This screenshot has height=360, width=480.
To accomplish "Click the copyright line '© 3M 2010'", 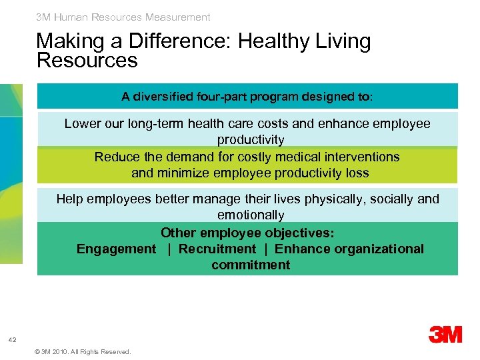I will pos(82,351).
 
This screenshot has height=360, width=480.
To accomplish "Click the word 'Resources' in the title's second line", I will pos(87,61).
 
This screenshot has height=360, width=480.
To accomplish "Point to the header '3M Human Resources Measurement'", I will pos(123,17).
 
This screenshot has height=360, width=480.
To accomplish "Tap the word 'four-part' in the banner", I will pos(221,97).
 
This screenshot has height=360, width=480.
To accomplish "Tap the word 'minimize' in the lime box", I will pos(183,173).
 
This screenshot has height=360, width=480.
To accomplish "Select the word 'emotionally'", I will pos(251,215).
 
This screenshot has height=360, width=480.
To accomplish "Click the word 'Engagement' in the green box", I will pos(116,249).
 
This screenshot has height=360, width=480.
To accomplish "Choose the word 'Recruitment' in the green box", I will pos(217,249).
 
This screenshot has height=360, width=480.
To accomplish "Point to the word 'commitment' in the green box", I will pos(251,265).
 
